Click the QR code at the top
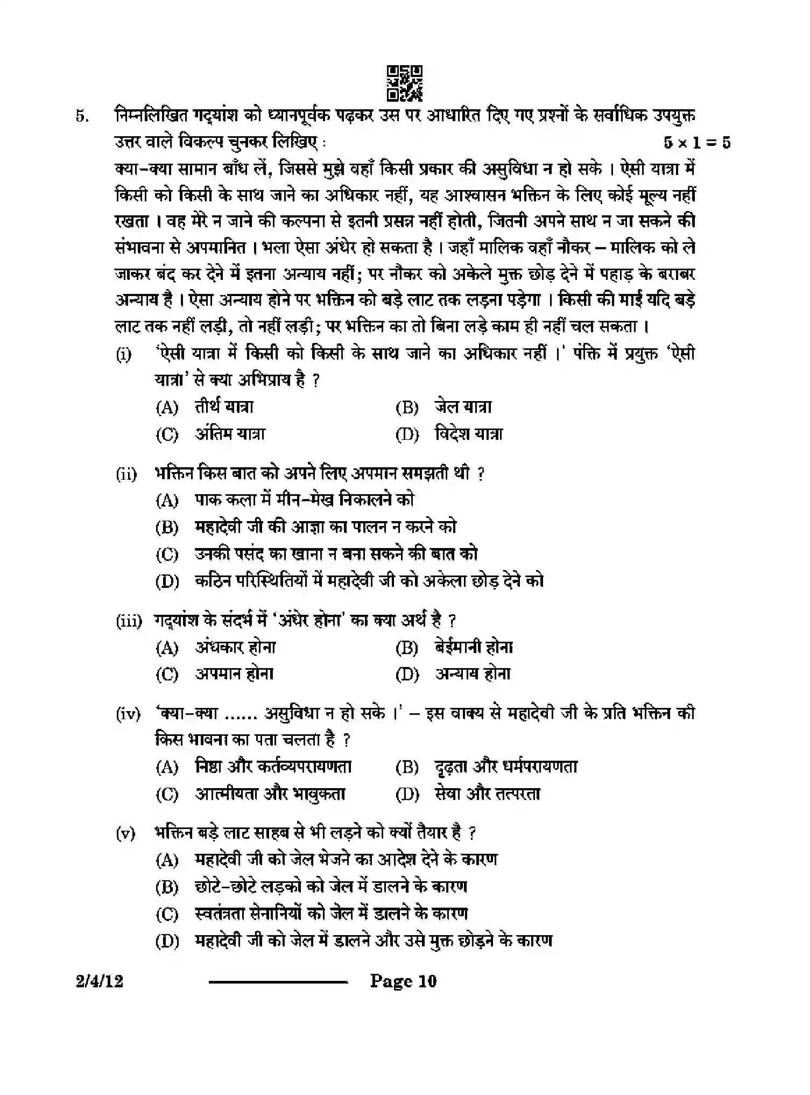pyautogui.click(x=405, y=83)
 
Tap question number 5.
pyautogui.click(x=82, y=116)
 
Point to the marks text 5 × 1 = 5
pyautogui.click(x=697, y=143)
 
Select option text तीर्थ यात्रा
pyautogui.click(x=224, y=407)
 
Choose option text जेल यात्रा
pyautogui.click(x=463, y=407)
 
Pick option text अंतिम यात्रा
pyautogui.click(x=230, y=434)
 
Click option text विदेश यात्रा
pyautogui.click(x=468, y=434)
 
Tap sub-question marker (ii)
pyautogui.click(x=126, y=474)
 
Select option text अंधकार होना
pyautogui.click(x=235, y=647)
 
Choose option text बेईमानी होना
pyautogui.click(x=474, y=647)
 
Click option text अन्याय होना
pyautogui.click(x=473, y=674)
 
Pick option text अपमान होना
pyautogui.click(x=234, y=674)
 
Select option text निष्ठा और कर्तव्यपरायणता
pyautogui.click(x=273, y=767)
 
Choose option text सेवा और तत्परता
pyautogui.click(x=487, y=794)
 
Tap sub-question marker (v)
pyautogui.click(x=125, y=833)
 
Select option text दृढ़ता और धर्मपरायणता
pyautogui.click(x=506, y=767)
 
